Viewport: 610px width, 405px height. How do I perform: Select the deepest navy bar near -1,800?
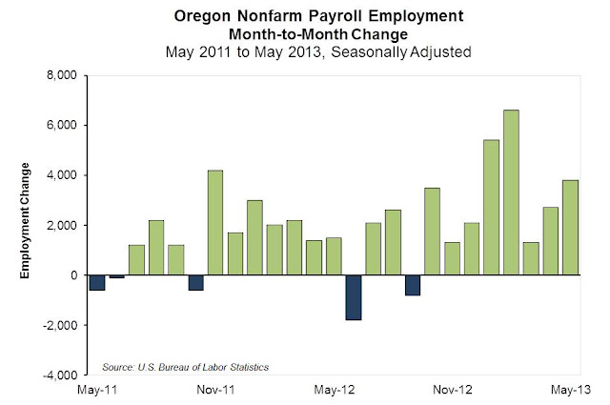[354, 297]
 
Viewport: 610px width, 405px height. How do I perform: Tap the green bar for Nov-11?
[215, 222]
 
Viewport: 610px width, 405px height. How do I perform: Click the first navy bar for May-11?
[96, 282]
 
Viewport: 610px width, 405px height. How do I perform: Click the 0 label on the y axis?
[72, 275]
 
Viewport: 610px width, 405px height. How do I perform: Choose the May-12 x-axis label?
[334, 390]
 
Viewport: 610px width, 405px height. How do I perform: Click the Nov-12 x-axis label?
[453, 390]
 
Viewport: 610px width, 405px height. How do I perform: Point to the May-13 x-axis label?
[571, 390]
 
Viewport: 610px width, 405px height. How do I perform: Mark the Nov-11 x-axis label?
[215, 390]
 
